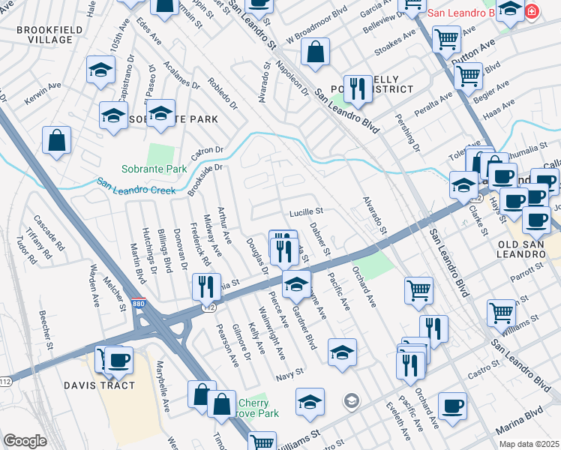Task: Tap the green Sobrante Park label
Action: click(x=154, y=169)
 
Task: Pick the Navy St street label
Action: click(x=289, y=372)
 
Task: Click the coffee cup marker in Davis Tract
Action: click(x=118, y=360)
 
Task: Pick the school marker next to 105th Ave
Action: click(x=100, y=70)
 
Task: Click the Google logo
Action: click(x=25, y=440)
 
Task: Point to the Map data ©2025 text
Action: click(x=528, y=444)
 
